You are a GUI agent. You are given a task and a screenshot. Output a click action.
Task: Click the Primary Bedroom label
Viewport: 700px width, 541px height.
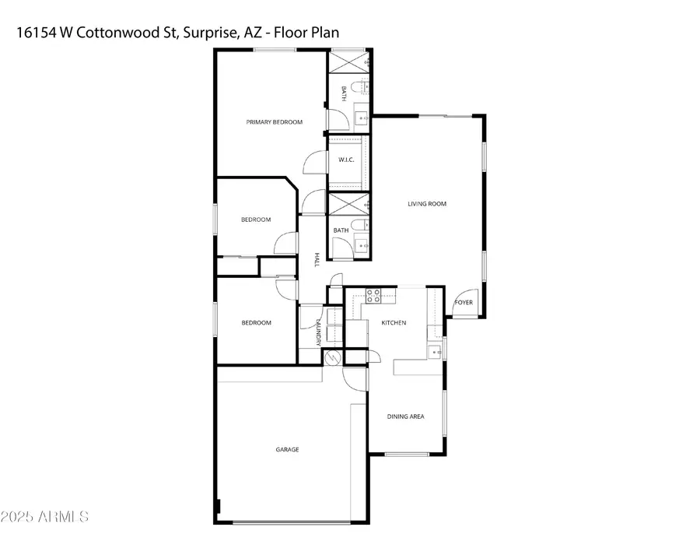274,122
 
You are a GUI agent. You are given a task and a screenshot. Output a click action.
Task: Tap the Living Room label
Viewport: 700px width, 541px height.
427,204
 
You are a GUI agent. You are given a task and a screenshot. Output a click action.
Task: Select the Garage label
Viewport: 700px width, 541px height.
287,449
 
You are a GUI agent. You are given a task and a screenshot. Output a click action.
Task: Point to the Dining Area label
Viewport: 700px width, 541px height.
405,416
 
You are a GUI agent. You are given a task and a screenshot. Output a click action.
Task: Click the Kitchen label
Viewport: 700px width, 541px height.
394,322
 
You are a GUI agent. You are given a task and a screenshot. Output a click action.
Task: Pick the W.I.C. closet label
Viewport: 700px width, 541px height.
346,160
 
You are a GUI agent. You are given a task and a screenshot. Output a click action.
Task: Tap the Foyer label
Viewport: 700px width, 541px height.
464,303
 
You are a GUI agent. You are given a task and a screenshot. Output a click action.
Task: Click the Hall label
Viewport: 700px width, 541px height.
317,260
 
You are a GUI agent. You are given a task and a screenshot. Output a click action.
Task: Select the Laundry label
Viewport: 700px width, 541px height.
318,333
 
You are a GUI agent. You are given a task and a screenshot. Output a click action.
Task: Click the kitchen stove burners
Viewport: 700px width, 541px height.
373,296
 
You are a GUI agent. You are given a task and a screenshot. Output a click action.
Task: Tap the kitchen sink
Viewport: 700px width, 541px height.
435,352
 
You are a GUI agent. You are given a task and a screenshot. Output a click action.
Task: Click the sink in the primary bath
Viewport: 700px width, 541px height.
362,118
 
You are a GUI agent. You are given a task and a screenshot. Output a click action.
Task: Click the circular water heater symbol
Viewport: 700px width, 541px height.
333,358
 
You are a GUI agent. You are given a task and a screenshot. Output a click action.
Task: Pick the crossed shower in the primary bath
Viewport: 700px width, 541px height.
349,62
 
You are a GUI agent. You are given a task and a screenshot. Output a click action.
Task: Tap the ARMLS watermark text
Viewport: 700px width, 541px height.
63,517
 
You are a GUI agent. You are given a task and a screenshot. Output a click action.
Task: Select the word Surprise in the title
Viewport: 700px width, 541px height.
209,33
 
